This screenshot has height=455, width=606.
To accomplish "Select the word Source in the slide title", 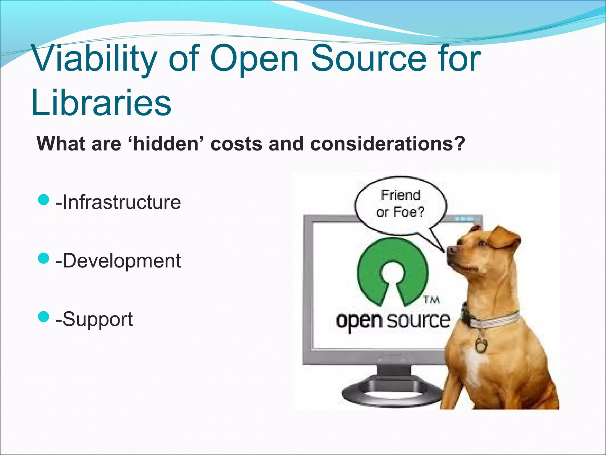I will [369, 59].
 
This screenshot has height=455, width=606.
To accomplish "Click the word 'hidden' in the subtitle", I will [166, 144].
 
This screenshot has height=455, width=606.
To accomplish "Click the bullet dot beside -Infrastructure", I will [43, 200].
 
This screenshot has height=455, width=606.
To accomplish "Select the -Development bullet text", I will [118, 261].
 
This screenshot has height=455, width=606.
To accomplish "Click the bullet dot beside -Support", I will [43, 316].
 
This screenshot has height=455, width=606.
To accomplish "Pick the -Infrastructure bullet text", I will [118, 202].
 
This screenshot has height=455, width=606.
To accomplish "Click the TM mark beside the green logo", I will [431, 300].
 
